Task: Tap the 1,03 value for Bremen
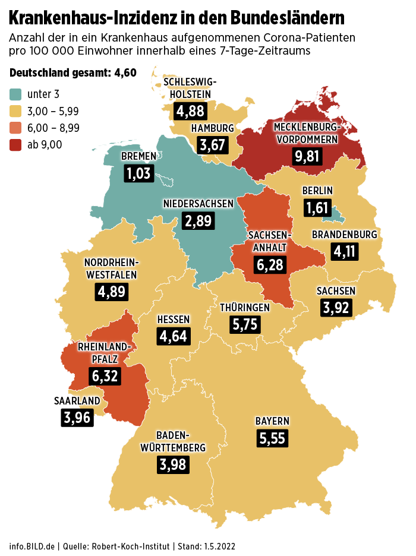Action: coord(139,173)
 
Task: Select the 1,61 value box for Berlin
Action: coord(317,207)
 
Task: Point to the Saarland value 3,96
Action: coord(77,418)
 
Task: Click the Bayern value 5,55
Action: coord(273,438)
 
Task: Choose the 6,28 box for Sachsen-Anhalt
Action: coord(270,265)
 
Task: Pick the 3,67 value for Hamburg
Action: coord(212,145)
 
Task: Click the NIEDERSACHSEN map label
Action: coord(198,204)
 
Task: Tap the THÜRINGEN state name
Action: coord(245,308)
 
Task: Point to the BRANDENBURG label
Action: coord(345,235)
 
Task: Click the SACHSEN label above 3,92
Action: coord(336,290)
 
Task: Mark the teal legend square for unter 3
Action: coord(15,94)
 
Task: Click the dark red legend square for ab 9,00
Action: coord(15,144)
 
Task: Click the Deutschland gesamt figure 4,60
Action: coord(124,73)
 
